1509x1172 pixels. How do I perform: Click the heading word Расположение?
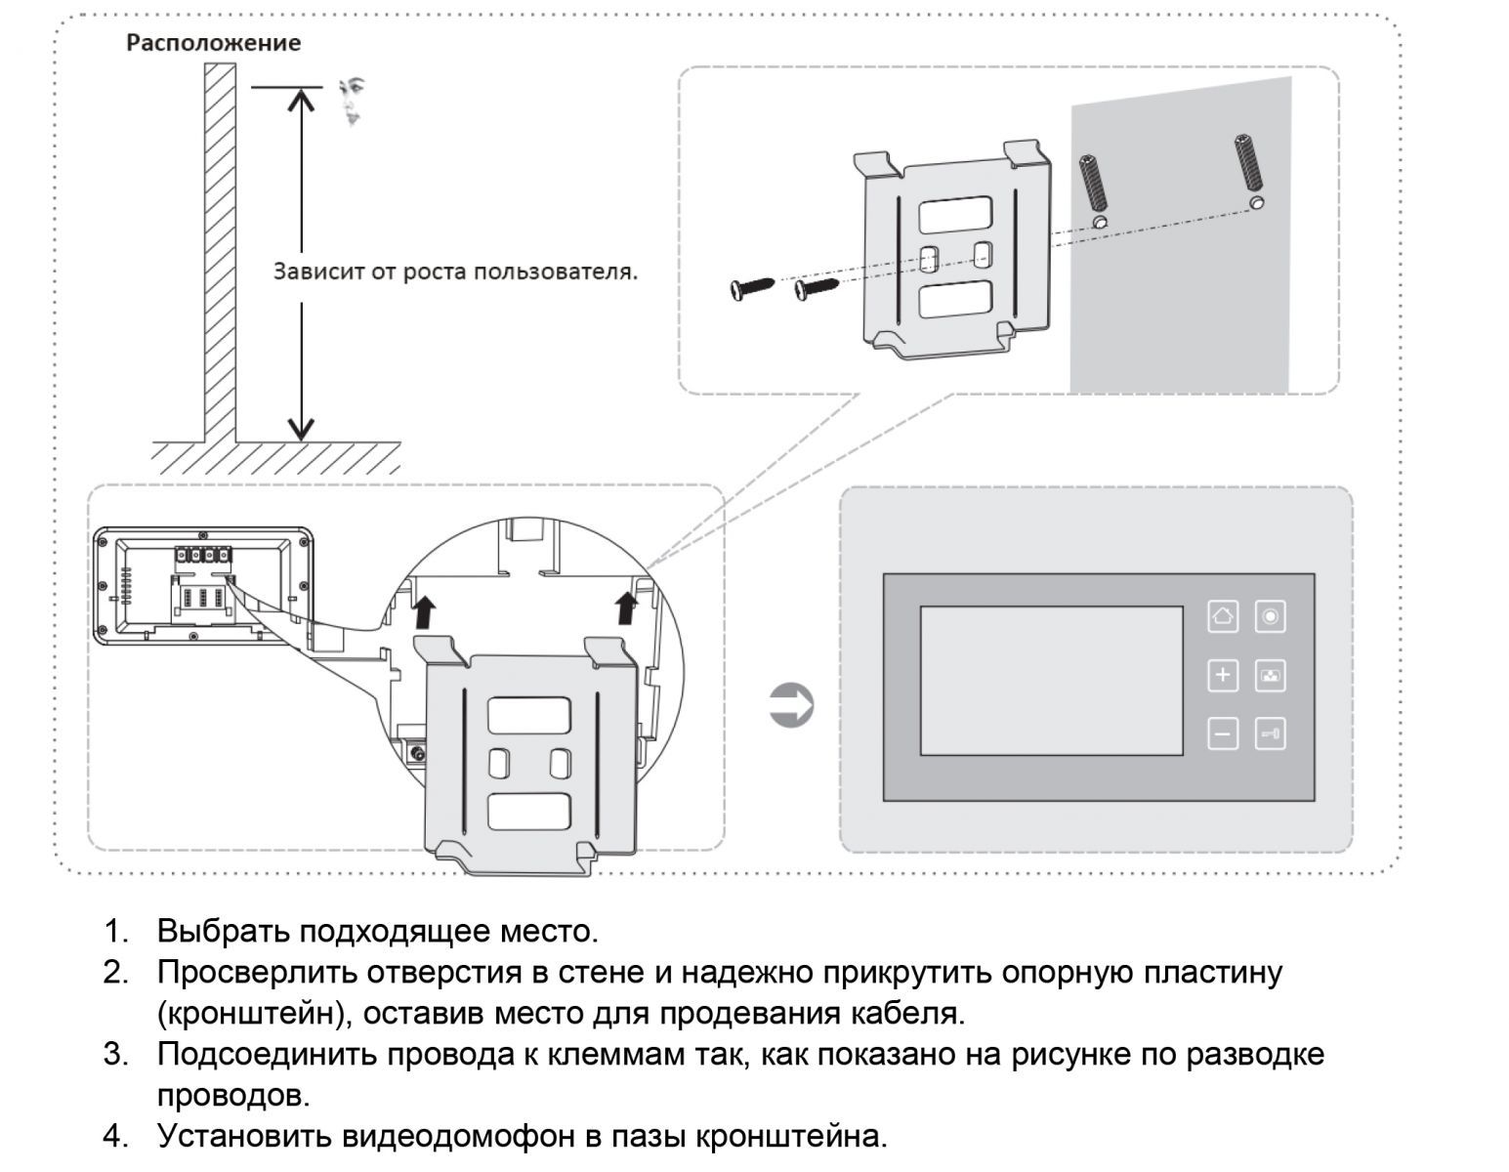pyautogui.click(x=213, y=43)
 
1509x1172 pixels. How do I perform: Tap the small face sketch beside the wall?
pyautogui.click(x=353, y=102)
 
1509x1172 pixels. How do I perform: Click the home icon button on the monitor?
pyautogui.click(x=1223, y=616)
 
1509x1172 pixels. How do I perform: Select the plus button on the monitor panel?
pyautogui.click(x=1223, y=675)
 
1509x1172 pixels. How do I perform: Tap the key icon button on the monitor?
pyautogui.click(x=1270, y=733)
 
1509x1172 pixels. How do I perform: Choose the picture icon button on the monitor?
pyautogui.click(x=1270, y=675)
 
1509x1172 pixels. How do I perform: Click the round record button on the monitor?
pyautogui.click(x=1270, y=616)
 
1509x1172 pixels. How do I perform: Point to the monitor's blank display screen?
pyautogui.click(x=1051, y=681)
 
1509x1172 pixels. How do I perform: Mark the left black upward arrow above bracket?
pyautogui.click(x=424, y=612)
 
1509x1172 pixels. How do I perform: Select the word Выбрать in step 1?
pyautogui.click(x=223, y=931)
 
